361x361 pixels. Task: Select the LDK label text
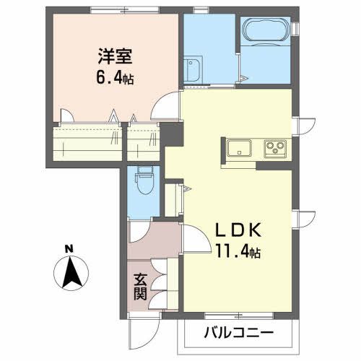click(235, 233)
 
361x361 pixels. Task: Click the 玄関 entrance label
click(140, 286)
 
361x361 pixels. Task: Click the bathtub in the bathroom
click(266, 31)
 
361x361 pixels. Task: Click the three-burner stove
click(275, 149)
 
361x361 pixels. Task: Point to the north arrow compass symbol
click(69, 273)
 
